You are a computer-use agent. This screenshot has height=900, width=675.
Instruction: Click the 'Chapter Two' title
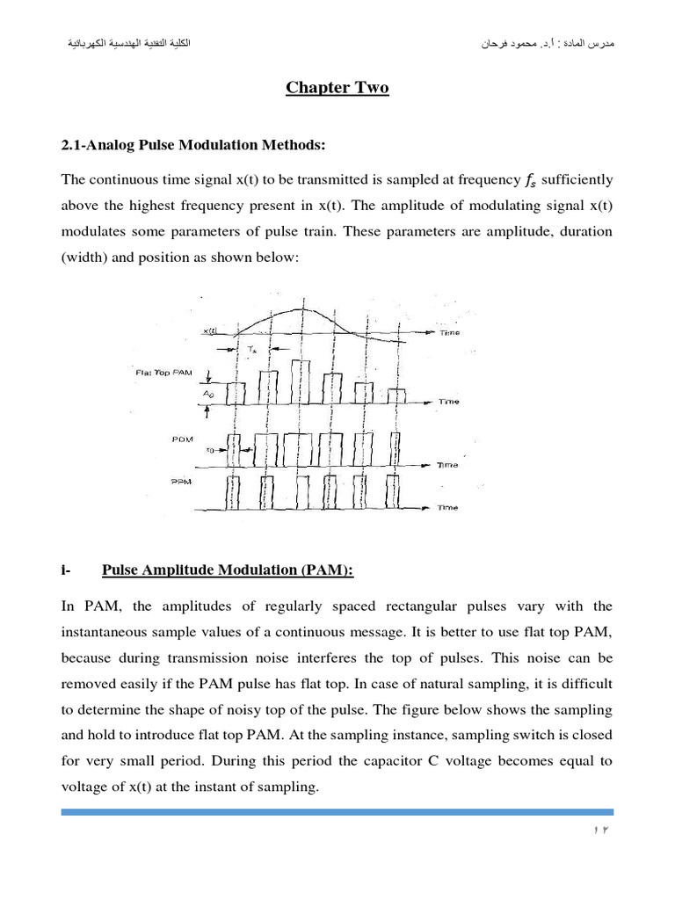pos(337,89)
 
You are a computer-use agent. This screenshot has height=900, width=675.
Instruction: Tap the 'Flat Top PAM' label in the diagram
pos(163,374)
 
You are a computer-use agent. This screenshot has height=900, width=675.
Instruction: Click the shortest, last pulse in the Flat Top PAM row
pos(397,396)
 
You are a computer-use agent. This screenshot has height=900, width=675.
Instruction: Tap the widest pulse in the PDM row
pos(300,448)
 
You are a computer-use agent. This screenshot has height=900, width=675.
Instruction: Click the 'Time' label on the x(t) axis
pos(450,333)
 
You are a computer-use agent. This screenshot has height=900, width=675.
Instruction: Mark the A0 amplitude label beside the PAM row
pos(207,394)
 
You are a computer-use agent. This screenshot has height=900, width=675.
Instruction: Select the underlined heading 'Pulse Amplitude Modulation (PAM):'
pos(228,570)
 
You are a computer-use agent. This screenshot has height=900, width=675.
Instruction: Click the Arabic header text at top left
pos(121,44)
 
